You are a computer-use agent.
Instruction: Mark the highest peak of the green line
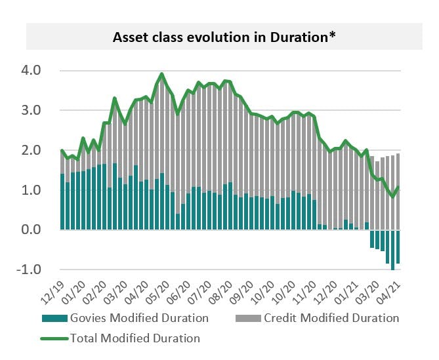[x=162, y=74]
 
